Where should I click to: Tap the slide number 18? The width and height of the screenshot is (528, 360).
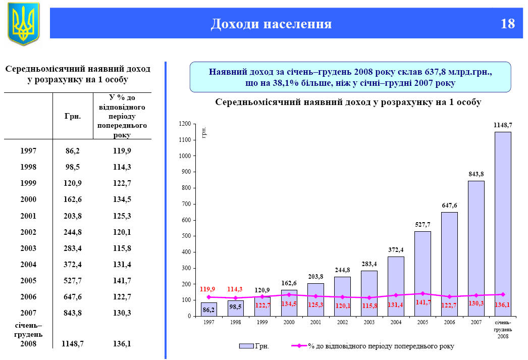pos(508,24)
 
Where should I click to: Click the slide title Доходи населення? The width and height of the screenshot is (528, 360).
pos(271,24)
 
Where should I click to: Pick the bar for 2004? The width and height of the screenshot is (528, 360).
pos(396,286)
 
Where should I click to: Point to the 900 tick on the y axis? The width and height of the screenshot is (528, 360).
pos(187,172)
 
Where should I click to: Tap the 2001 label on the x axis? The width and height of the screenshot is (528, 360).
pos(315,322)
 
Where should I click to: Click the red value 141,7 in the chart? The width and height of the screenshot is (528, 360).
pos(423,302)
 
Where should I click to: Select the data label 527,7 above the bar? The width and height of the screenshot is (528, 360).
pos(423,224)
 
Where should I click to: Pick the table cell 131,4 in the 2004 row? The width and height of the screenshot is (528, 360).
pos(122,264)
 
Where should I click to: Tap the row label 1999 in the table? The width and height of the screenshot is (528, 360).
pos(28,183)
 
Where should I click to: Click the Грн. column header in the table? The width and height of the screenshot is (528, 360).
pos(73,116)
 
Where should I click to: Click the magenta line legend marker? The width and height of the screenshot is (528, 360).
pos(299,346)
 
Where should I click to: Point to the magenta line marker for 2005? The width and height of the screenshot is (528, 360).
pos(423,293)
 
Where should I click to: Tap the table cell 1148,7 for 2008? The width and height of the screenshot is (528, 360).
pos(72,344)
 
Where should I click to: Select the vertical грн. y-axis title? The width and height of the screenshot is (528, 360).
pos(204,133)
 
